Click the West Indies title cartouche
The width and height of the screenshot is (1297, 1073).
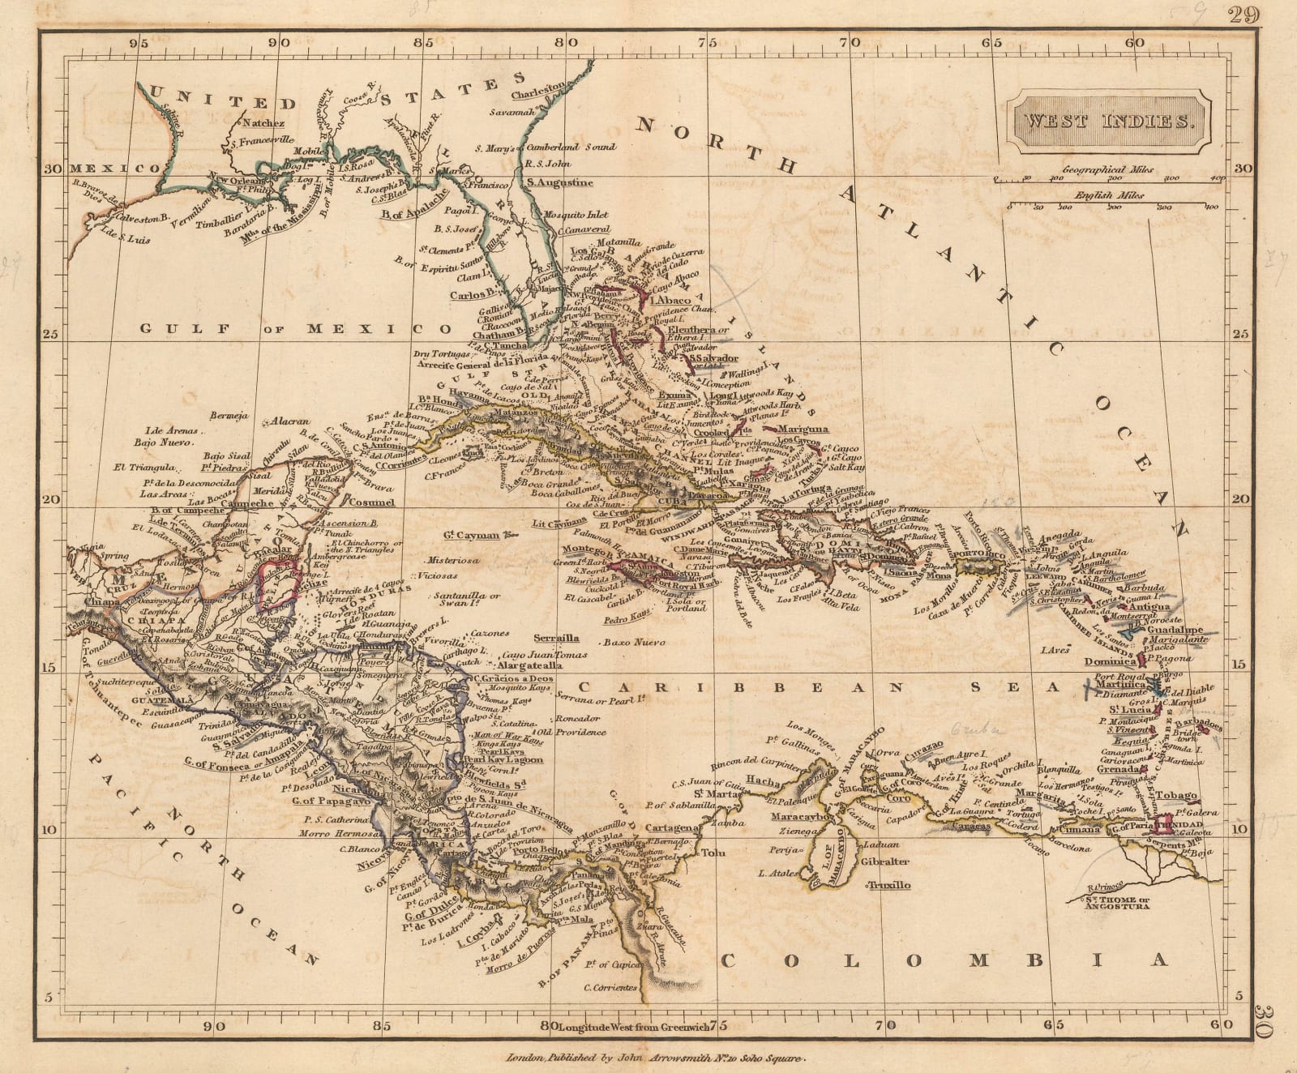pyautogui.click(x=1107, y=122)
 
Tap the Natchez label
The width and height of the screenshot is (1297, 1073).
pyautogui.click(x=259, y=124)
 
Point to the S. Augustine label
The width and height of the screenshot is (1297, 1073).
pyautogui.click(x=559, y=182)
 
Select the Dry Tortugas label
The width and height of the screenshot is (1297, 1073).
pyautogui.click(x=441, y=355)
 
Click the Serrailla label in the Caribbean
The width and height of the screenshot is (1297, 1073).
pyautogui.click(x=557, y=638)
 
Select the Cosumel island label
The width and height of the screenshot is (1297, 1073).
pyautogui.click(x=371, y=502)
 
